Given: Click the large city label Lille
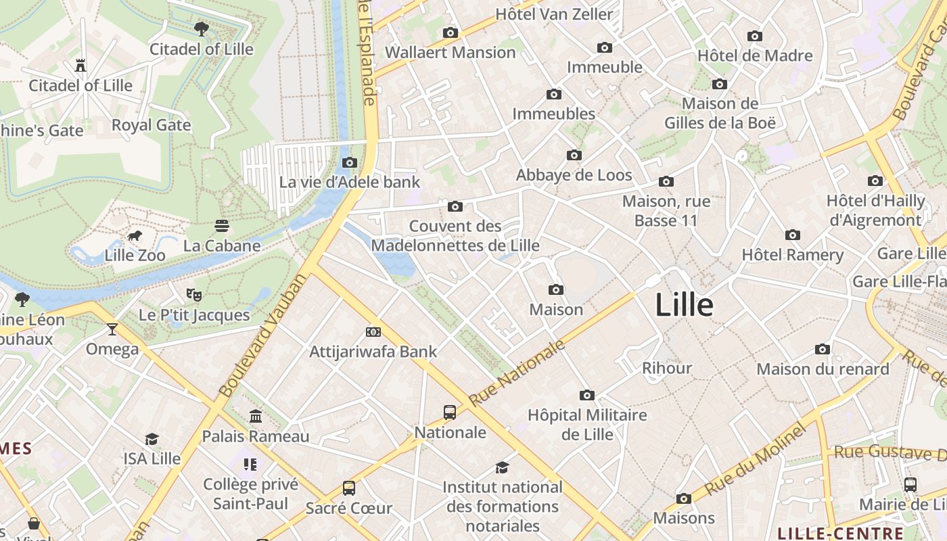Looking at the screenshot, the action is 684,305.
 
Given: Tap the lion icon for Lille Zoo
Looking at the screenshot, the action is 135,236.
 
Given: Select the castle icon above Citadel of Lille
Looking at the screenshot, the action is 80,66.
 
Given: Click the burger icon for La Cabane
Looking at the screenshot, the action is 222,225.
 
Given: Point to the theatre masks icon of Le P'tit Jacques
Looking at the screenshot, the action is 194,295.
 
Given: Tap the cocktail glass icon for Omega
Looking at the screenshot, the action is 112,329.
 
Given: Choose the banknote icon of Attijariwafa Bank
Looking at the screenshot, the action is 373,332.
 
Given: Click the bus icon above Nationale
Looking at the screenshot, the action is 450,412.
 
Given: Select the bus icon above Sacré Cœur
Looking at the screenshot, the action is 349,488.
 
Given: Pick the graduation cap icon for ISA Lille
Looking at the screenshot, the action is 152,439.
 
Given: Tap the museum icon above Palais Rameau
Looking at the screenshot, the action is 256,416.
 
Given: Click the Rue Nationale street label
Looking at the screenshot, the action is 517,373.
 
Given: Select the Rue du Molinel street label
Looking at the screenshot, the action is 756,460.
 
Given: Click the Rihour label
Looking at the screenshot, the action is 667,368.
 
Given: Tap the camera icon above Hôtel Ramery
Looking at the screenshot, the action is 793,235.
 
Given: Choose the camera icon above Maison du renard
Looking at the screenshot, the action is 823,350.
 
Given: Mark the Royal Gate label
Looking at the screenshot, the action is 151,125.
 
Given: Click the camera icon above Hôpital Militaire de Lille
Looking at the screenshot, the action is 587,395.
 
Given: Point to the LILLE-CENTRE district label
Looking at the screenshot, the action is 841,533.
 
